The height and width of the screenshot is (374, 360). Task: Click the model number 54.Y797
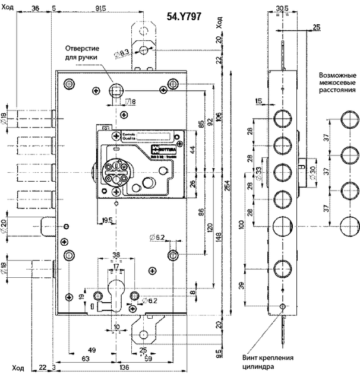[x=184, y=17]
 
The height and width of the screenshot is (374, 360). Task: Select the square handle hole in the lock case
[x=115, y=90]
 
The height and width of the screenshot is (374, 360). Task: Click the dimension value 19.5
[x=107, y=220]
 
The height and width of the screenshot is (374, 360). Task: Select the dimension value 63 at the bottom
[x=86, y=359]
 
